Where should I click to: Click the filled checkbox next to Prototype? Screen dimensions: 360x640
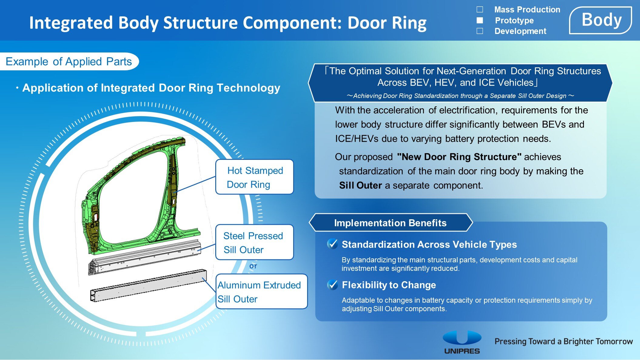coord(480,20)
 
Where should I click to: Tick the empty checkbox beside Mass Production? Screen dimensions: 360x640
coord(480,9)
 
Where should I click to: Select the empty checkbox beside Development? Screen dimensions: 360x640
coord(480,31)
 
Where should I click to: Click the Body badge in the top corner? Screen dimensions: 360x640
coord(601,20)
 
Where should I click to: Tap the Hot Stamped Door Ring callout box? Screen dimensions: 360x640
coord(254,177)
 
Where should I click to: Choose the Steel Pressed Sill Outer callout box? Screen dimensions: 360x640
coord(254,242)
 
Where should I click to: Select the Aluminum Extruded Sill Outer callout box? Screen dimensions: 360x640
coord(261,292)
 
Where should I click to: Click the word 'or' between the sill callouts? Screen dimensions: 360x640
coord(253,266)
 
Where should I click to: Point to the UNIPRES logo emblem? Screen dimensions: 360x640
coord(462,338)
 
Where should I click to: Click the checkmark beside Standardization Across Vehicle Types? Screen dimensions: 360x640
coord(333,244)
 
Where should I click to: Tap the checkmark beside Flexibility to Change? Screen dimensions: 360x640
coord(333,284)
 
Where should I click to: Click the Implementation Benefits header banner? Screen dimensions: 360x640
coord(390,223)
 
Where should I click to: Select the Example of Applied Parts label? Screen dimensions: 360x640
coord(69,62)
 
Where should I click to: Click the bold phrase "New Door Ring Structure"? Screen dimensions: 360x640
coord(459,157)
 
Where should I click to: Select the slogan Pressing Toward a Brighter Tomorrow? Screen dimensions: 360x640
coord(564,341)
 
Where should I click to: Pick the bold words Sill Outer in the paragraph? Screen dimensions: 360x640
coord(360,185)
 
